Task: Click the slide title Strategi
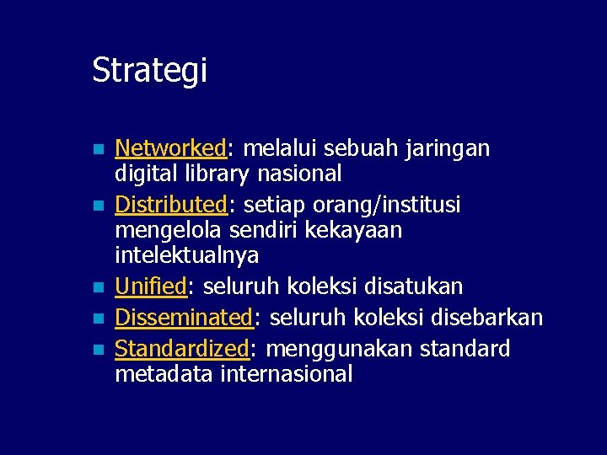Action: point(149,71)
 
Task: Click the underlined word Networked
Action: point(169,149)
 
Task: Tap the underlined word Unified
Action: point(150,287)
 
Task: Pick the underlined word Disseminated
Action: point(184,318)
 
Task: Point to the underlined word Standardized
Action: point(182,349)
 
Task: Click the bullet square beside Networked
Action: point(98,150)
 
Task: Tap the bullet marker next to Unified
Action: point(98,288)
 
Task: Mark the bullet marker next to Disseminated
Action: point(98,319)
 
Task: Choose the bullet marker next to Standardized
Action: point(98,350)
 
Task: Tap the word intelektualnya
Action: point(186,254)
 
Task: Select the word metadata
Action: point(164,374)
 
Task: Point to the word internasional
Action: point(286,374)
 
